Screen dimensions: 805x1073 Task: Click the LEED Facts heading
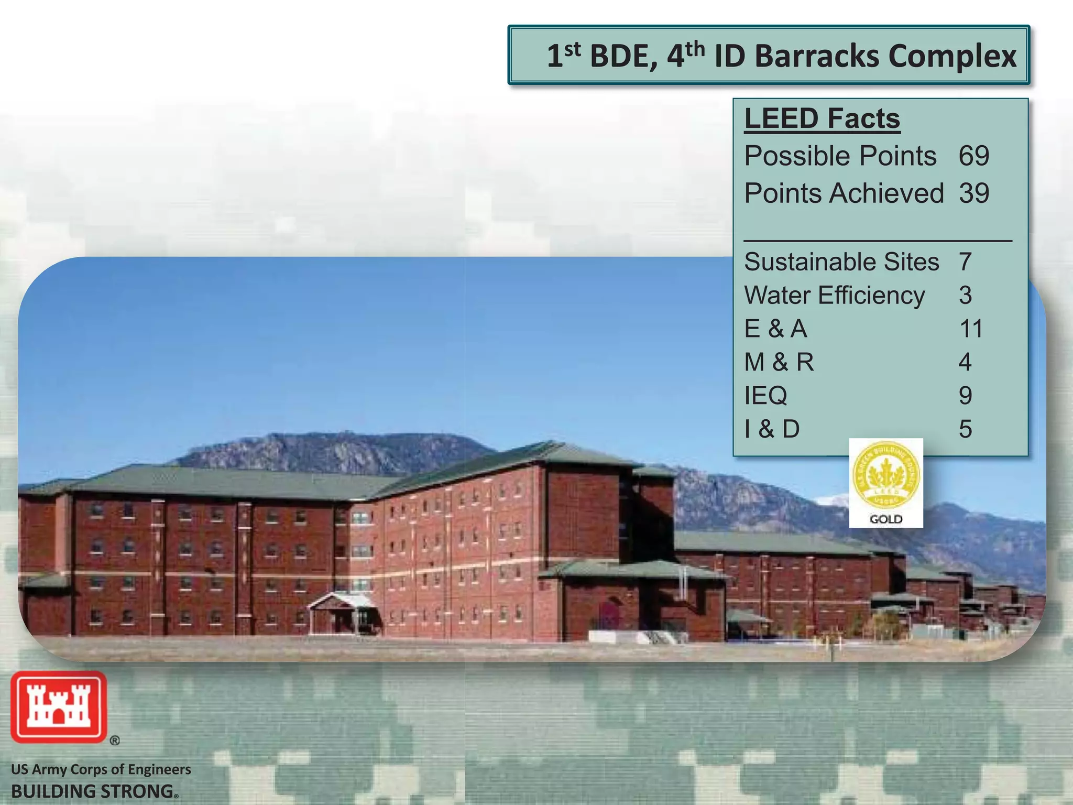click(822, 118)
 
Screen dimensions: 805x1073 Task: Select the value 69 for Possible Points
click(973, 156)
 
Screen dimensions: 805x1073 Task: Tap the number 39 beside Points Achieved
click(973, 193)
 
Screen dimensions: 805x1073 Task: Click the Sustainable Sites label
click(841, 262)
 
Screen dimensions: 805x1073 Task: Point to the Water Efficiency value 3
click(965, 296)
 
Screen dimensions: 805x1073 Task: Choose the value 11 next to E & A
click(970, 329)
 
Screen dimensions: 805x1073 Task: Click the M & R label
click(779, 362)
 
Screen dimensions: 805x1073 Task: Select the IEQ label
click(765, 396)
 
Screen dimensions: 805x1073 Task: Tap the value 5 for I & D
click(965, 429)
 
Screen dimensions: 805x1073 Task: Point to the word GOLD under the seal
click(886, 519)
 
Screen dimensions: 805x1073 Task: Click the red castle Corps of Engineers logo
click(59, 707)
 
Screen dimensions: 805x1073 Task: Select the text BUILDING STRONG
click(92, 791)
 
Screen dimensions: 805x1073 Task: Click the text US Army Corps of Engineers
click(101, 769)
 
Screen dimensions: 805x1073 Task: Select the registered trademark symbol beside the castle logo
click(115, 741)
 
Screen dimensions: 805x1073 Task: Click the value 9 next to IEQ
click(965, 396)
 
